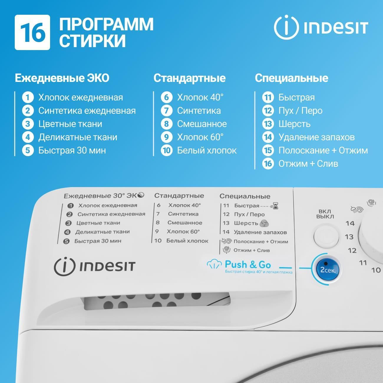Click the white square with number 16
pyautogui.click(x=32, y=32)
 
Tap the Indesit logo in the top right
pyautogui.click(x=321, y=27)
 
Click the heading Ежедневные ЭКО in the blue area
pyautogui.click(x=62, y=78)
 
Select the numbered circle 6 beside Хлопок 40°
pyautogui.click(x=166, y=98)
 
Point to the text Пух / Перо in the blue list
pyautogui.click(x=300, y=111)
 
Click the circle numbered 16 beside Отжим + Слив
pyautogui.click(x=268, y=164)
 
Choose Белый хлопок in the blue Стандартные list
pyautogui.click(x=207, y=151)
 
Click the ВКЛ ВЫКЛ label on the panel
pyautogui.click(x=325, y=214)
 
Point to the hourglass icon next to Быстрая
pyautogui.click(x=275, y=206)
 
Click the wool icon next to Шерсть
pyautogui.click(x=264, y=223)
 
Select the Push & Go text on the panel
pyautogui.click(x=248, y=265)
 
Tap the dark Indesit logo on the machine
pyautogui.click(x=95, y=267)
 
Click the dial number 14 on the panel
pyautogui.click(x=350, y=223)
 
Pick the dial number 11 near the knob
pyautogui.click(x=363, y=263)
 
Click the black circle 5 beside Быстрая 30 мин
pyautogui.click(x=66, y=242)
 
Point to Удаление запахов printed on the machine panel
pyautogui.click(x=260, y=232)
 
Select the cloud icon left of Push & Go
pyautogui.click(x=214, y=265)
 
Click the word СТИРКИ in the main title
pyautogui.click(x=93, y=41)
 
